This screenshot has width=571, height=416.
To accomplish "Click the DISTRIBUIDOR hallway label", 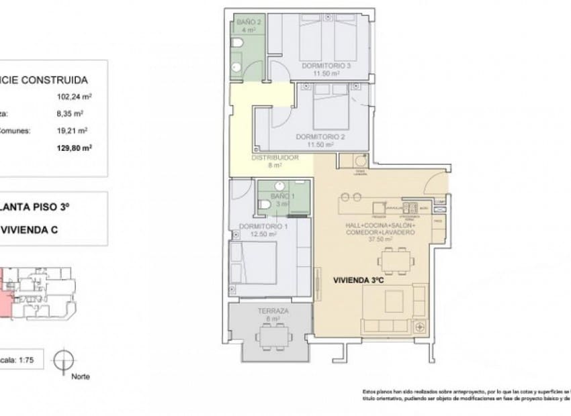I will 275,158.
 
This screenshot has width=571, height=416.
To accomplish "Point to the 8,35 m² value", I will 71,113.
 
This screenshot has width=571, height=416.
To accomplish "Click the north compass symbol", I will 62,358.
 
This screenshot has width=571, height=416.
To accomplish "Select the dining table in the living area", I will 394,259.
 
